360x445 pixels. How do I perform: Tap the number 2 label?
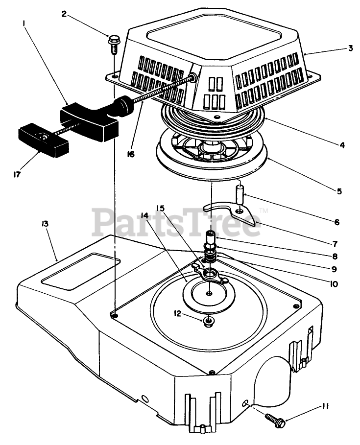[x=64, y=13]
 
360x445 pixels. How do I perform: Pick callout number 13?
[x=45, y=224]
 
